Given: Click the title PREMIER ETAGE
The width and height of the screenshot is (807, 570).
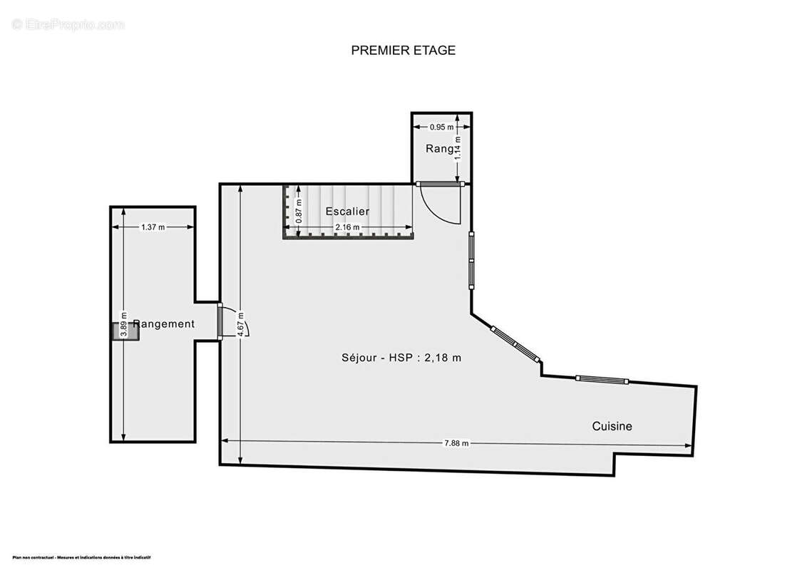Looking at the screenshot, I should [403, 51].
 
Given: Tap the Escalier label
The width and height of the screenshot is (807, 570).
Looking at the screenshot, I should [347, 212].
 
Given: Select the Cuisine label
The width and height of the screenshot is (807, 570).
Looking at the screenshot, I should [612, 426].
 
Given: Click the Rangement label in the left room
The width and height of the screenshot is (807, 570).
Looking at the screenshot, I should [164, 324].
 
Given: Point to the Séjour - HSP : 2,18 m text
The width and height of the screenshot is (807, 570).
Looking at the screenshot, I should [401, 358].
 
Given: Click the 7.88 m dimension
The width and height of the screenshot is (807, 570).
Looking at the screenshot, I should [456, 443].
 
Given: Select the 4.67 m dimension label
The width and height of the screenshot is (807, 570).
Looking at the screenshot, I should [241, 324].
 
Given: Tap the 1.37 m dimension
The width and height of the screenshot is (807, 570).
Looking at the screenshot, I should [153, 227].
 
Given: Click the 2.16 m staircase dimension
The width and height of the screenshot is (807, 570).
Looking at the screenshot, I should [348, 227].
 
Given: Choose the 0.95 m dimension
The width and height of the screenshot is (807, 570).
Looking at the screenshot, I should [441, 128].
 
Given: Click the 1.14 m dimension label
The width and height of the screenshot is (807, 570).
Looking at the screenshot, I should [458, 147].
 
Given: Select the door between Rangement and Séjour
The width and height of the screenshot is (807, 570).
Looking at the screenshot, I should [220, 322].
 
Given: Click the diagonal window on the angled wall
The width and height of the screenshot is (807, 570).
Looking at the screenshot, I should [517, 346].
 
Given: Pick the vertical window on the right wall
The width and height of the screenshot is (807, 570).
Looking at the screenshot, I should [471, 260].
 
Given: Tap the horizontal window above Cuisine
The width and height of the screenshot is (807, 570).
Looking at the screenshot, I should [602, 380].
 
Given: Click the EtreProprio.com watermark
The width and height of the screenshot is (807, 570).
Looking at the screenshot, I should [68, 25].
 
